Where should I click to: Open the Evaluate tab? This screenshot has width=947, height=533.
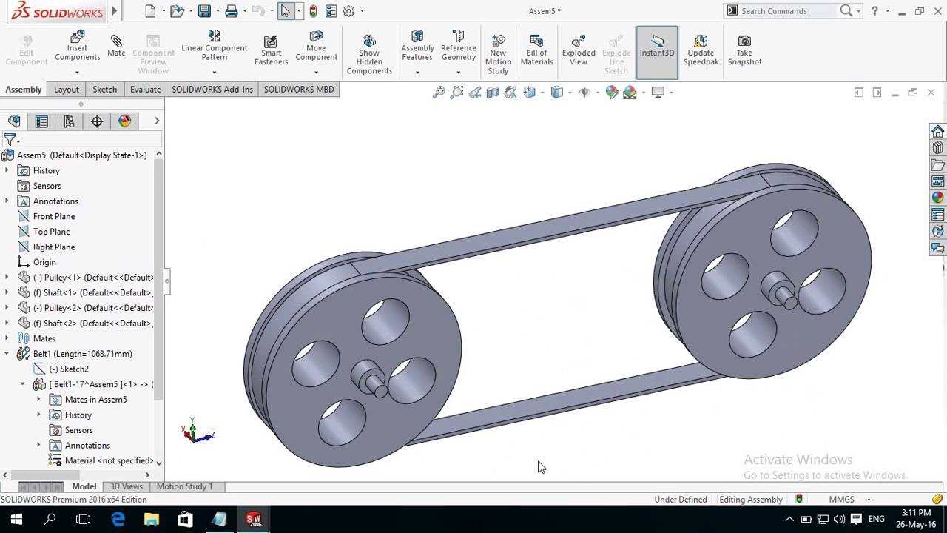(x=145, y=89)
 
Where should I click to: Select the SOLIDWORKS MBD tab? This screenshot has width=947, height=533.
(x=299, y=89)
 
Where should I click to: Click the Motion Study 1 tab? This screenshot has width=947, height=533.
(x=184, y=486)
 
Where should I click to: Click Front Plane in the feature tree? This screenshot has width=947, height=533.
(x=53, y=216)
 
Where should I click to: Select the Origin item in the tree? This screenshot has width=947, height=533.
(x=44, y=262)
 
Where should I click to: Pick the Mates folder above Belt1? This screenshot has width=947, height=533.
(x=44, y=338)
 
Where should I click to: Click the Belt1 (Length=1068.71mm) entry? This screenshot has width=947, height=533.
(x=82, y=354)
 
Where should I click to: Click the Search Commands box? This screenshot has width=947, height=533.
(x=787, y=10)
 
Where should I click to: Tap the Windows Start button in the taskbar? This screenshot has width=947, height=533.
(x=16, y=519)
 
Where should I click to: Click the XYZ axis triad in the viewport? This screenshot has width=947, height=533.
(x=195, y=432)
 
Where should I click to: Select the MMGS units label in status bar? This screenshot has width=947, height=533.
(x=841, y=500)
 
